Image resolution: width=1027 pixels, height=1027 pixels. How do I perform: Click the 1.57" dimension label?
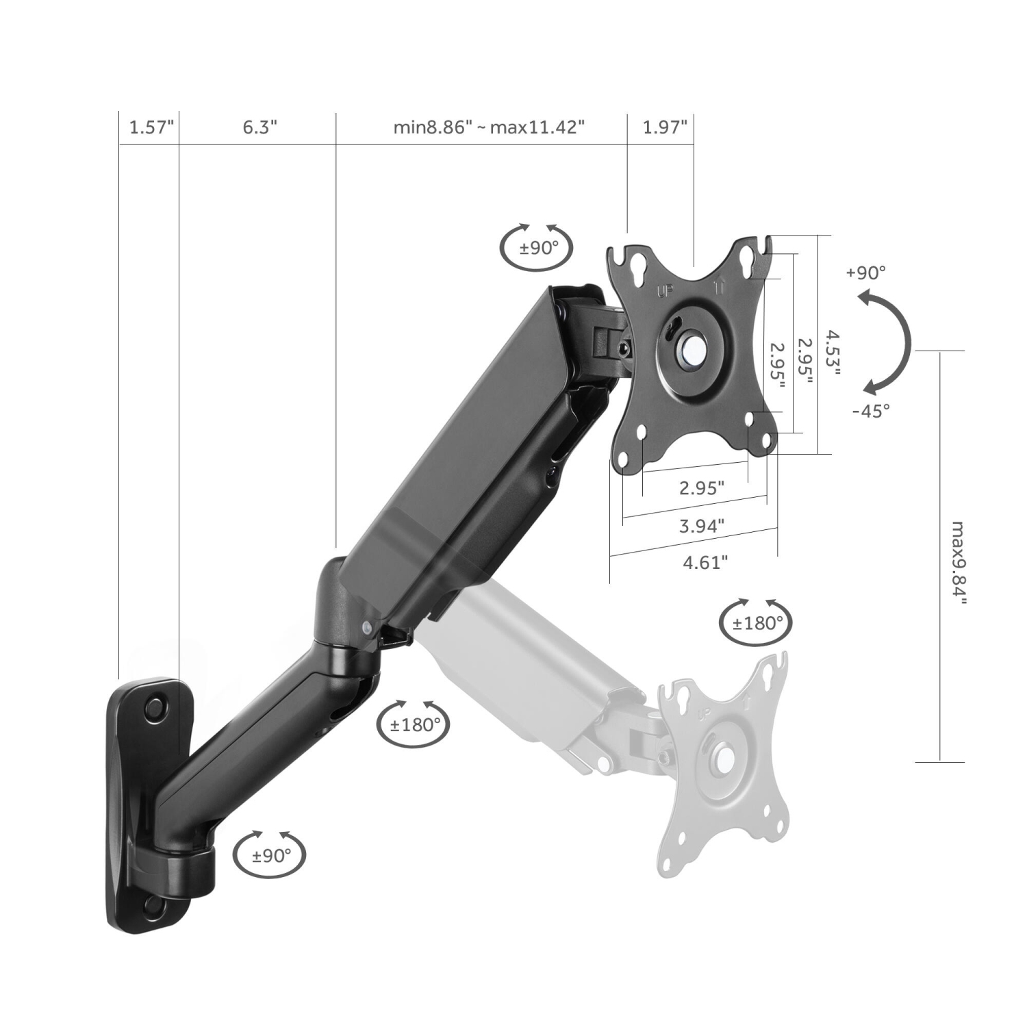pyautogui.click(x=151, y=127)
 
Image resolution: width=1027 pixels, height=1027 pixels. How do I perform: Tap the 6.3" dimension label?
pyautogui.click(x=259, y=127)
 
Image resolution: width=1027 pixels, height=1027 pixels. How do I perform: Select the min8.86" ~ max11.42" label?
pyautogui.click(x=489, y=127)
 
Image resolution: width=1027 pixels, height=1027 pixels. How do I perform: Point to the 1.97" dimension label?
pyautogui.click(x=664, y=127)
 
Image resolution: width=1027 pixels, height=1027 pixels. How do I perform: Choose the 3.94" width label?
pyautogui.click(x=702, y=526)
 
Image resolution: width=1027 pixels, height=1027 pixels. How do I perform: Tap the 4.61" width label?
pyautogui.click(x=705, y=562)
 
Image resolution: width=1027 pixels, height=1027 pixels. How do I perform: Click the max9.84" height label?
pyautogui.click(x=959, y=563)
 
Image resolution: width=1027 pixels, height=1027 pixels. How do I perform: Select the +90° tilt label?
pyautogui.click(x=865, y=272)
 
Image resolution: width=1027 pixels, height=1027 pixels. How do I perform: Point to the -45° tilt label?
pyautogui.click(x=871, y=411)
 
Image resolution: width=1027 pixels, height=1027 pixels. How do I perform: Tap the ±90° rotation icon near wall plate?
pyautogui.click(x=269, y=854)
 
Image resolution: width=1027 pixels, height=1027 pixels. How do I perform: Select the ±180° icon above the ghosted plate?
pyautogui.click(x=757, y=623)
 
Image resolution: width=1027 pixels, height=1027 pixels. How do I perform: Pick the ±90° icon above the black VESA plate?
pyautogui.click(x=537, y=247)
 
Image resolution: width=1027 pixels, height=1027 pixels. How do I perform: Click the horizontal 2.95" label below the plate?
pyautogui.click(x=701, y=488)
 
